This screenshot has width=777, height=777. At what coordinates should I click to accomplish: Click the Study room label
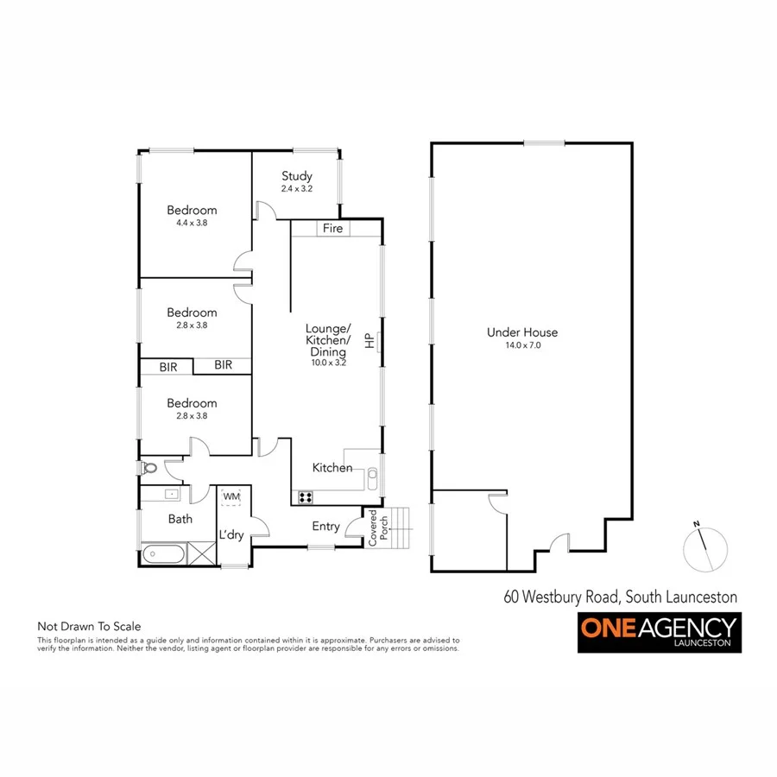(x=296, y=176)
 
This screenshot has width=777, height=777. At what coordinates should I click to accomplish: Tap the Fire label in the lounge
(x=332, y=229)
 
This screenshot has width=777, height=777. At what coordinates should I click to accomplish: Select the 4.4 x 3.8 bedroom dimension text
(x=192, y=222)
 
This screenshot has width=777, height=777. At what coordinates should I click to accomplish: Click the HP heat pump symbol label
(x=370, y=341)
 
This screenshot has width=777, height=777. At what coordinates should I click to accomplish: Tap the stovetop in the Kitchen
(x=306, y=496)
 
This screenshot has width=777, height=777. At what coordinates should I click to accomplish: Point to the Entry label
(x=325, y=527)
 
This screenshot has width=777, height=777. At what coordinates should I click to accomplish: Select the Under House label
(x=521, y=332)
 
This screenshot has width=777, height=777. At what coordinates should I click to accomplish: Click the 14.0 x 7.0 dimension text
(x=521, y=344)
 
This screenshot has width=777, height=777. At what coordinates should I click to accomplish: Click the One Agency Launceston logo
(x=659, y=633)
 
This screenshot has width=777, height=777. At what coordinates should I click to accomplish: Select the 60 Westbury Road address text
(x=620, y=597)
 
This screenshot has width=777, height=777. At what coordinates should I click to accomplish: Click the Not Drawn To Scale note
(x=88, y=627)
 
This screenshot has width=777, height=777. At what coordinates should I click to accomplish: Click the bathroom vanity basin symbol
(x=169, y=495)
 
